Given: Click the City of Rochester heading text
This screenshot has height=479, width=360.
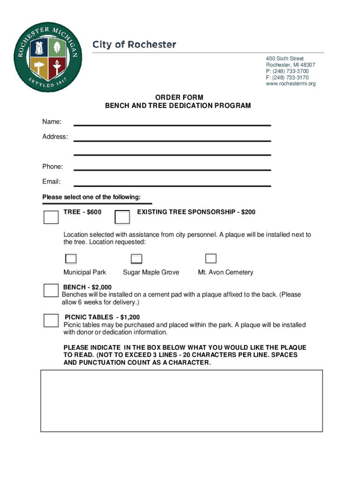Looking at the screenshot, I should pos(134,45).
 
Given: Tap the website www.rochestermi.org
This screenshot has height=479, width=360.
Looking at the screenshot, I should pos(291,84).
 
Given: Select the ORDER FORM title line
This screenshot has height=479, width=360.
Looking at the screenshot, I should pos(179,97).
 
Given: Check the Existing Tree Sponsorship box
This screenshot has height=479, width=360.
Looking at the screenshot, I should pos(122,217).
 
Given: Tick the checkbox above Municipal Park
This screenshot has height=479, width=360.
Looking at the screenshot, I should pos(71,259).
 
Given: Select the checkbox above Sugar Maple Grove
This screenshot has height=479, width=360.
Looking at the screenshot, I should pos(137,259).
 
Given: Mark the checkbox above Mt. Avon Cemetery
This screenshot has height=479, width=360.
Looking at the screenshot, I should pos(211,259).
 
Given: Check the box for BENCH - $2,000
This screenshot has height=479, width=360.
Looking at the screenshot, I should pos(50,290).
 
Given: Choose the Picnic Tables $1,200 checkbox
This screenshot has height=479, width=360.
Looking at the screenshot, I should pos(50,320).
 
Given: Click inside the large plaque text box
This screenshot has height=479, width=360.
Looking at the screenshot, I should pos(181,400).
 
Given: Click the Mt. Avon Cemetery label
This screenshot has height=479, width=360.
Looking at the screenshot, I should pos(225,272).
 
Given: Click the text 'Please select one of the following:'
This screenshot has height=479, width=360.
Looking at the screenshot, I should pos(91,197).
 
